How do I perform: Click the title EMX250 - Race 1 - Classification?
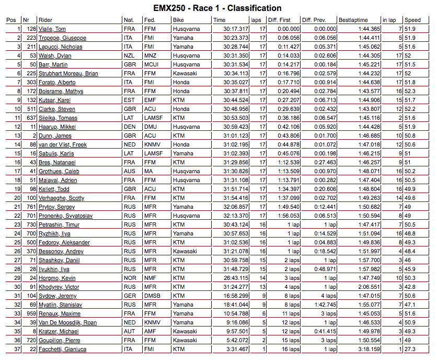pos(217,8)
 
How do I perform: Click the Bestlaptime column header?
pos(353,20)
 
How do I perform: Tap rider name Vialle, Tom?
pos(52,29)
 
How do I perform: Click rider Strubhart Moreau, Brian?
pos(68,73)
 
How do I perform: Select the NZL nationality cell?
pos(129,55)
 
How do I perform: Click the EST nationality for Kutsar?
pos(129,100)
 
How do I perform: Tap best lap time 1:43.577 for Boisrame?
pos(370,91)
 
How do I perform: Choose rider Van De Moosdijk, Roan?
pos(67,322)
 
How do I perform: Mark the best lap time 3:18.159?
pos(370,349)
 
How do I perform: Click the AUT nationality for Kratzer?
pos(129,331)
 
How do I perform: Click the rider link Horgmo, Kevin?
pos(57,278)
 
